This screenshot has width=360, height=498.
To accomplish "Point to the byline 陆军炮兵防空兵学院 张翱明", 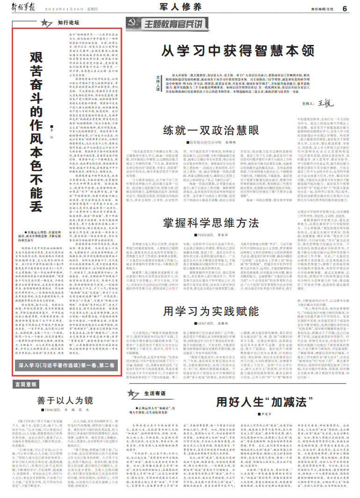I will tap(213, 129).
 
